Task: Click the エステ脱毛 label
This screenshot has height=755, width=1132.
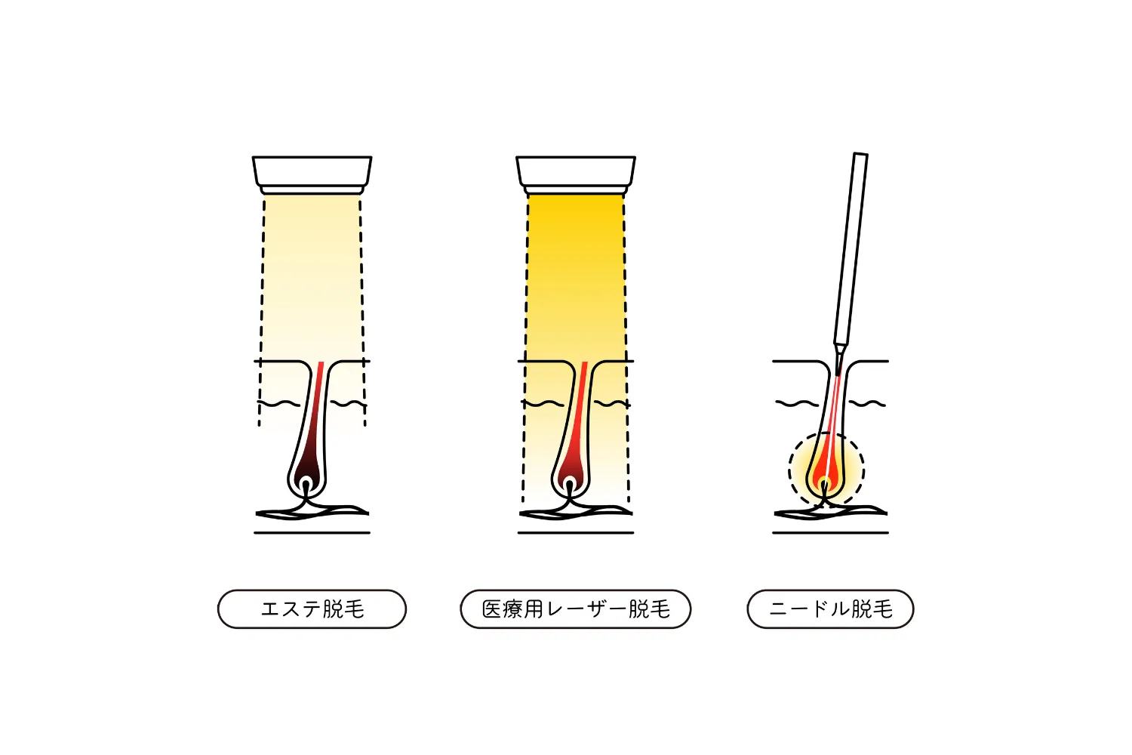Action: click(312, 609)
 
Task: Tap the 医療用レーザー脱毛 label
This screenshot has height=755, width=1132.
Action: click(576, 609)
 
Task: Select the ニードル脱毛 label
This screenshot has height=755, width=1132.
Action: click(830, 609)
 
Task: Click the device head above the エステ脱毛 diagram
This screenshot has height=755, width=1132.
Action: click(312, 175)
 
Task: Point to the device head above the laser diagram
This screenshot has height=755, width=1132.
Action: click(576, 175)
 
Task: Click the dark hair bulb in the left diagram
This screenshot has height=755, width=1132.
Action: click(306, 476)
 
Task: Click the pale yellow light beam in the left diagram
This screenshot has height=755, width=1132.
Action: click(312, 283)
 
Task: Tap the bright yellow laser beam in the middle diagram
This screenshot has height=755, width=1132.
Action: click(576, 283)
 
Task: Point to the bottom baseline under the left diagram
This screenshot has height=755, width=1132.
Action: click(312, 532)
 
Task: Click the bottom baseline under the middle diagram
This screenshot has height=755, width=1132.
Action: click(576, 532)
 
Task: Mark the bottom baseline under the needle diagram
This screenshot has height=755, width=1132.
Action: click(830, 532)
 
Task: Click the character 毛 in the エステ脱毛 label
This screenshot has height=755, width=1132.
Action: click(354, 609)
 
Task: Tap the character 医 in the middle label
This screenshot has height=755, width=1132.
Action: click(492, 609)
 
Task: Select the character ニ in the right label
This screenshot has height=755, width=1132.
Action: click(779, 609)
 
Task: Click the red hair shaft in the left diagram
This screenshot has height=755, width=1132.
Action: click(315, 405)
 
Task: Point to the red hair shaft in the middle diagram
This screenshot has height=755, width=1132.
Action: click(579, 405)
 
